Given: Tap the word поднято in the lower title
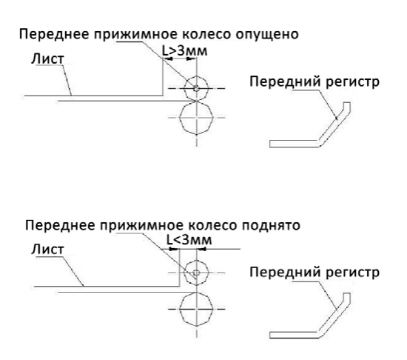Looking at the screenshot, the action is click(x=271, y=226).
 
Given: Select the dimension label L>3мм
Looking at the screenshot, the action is click(x=184, y=51).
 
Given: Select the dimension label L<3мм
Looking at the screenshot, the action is click(x=189, y=240).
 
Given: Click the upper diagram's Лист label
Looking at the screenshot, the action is click(x=47, y=59).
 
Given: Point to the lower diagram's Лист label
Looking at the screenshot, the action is click(x=47, y=250).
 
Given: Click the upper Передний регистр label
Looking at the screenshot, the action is click(x=314, y=82).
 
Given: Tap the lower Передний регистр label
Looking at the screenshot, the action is click(x=314, y=273).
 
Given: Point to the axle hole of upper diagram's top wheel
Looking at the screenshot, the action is click(x=197, y=88).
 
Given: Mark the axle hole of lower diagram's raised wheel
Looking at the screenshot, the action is click(x=197, y=273).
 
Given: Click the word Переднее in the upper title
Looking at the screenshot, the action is click(x=55, y=35).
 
